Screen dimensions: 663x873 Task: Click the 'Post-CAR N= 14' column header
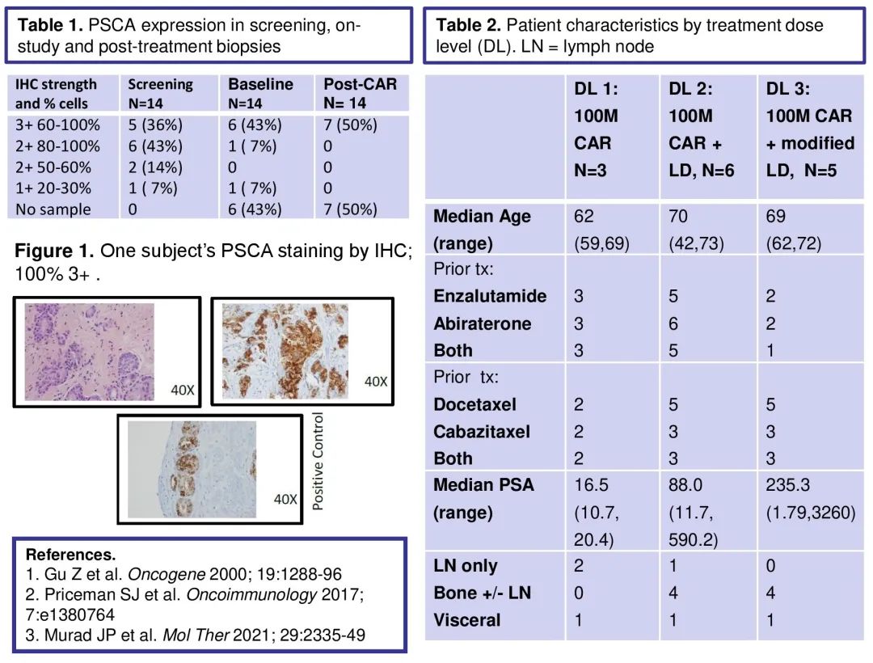point(360,93)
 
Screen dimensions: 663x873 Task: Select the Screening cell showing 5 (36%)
point(155,125)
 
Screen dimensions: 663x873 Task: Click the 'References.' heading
point(70,555)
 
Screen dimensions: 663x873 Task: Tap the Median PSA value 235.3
point(789,485)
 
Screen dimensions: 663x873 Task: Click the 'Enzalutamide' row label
point(490,296)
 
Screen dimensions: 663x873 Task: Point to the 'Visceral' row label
point(467,620)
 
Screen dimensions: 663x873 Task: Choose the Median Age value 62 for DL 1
point(584,217)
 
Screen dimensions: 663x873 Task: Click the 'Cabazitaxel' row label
point(482,432)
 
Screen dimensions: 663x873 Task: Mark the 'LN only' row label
point(466,566)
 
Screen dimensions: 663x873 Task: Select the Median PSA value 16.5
point(589,485)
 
